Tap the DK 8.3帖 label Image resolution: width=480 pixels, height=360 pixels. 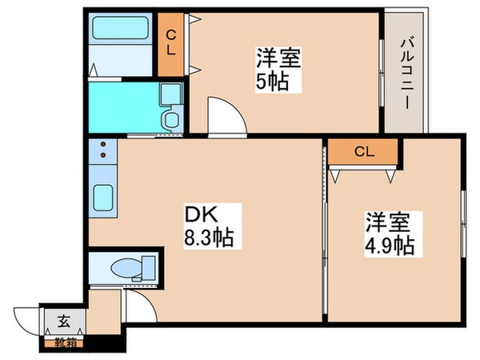coord(210,226)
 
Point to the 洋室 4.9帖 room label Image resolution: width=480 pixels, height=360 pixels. coord(390,232)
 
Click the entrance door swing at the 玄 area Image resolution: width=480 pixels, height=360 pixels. coord(28,324)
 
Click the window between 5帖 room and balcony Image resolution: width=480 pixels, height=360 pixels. coord(381,72)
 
